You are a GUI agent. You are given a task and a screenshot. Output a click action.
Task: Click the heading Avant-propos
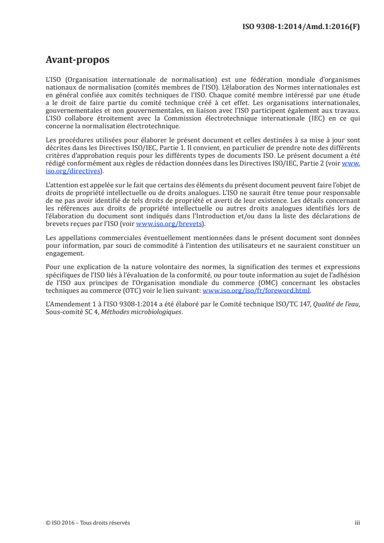coord(77,60)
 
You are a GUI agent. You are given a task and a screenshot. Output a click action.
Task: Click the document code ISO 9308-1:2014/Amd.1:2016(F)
coord(301,27)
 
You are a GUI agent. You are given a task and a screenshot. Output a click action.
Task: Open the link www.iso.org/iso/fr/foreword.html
coord(256,291)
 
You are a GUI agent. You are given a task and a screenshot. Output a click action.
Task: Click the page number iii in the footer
coord(358,523)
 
